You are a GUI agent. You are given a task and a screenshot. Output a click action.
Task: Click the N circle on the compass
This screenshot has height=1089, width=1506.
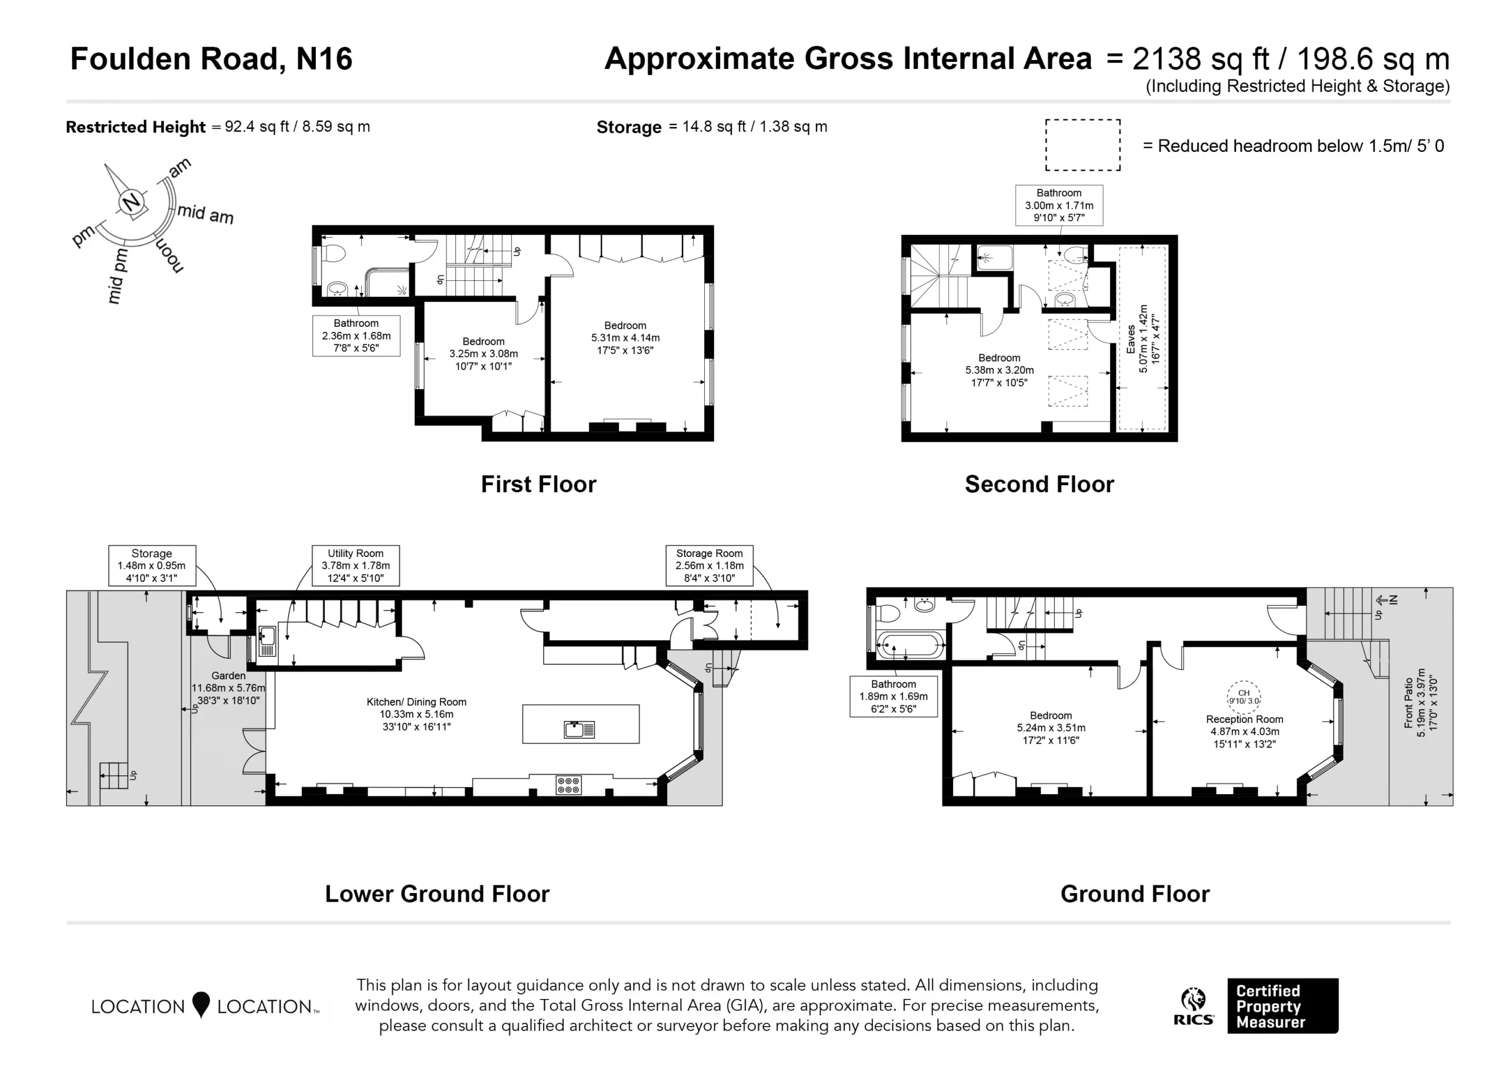[x=133, y=201]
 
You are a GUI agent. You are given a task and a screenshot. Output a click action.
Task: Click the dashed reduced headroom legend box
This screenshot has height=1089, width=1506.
[x=1083, y=145]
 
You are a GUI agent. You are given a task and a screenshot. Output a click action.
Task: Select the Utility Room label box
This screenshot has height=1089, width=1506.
[x=356, y=566]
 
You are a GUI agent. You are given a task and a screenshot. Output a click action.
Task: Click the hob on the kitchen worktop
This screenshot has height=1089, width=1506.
[x=569, y=785]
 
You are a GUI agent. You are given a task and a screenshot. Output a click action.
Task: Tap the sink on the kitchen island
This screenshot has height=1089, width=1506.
[x=579, y=729]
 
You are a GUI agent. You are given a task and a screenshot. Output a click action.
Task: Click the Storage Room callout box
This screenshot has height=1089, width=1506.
[x=709, y=566]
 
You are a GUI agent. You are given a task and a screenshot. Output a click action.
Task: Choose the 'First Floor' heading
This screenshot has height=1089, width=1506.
[x=538, y=484]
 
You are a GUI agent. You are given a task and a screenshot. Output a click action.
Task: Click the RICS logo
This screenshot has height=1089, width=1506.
[x=1193, y=1007]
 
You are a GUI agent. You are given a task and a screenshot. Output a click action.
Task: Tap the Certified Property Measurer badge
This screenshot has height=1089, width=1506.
[x=1282, y=1006]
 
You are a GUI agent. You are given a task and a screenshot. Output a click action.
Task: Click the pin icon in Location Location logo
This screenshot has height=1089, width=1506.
[x=201, y=1005]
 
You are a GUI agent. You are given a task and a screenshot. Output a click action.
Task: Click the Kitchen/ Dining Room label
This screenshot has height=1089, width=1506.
[x=417, y=714]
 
